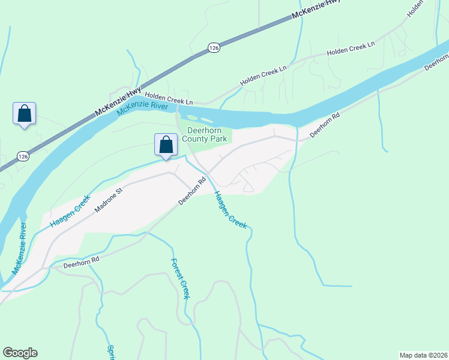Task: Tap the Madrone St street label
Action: pyautogui.click(x=108, y=200)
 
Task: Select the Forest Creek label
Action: pyautogui.click(x=180, y=279)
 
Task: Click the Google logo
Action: pyautogui.click(x=20, y=353)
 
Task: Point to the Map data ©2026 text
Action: pyautogui.click(x=423, y=355)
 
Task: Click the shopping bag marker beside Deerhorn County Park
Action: pyautogui.click(x=166, y=145)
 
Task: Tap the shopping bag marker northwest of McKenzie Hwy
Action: pyautogui.click(x=24, y=113)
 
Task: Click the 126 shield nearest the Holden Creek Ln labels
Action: pyautogui.click(x=213, y=47)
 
